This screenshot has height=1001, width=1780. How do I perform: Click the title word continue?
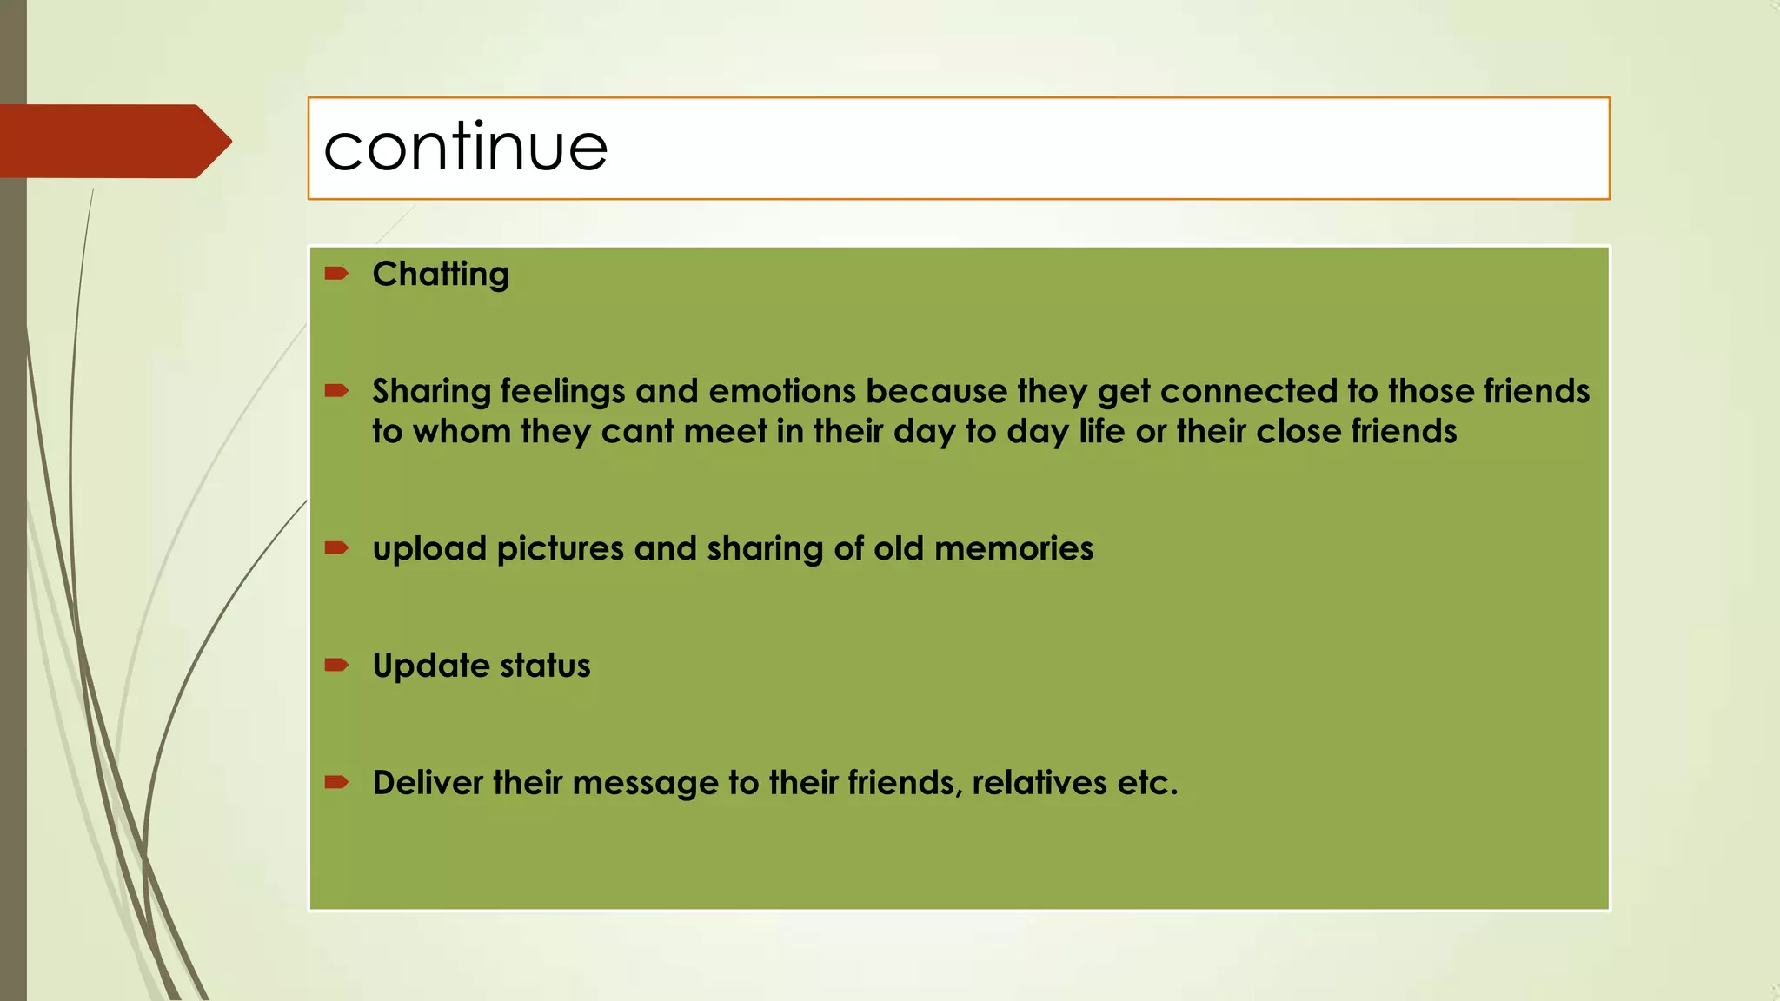[x=465, y=148]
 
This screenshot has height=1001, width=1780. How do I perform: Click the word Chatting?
[x=441, y=275]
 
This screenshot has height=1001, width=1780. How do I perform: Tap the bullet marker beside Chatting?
[x=336, y=275]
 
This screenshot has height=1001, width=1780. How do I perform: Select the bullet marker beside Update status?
[x=336, y=666]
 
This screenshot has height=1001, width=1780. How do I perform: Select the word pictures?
[x=560, y=550]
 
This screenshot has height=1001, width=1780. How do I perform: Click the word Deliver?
[x=428, y=783]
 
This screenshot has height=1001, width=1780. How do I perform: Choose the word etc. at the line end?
[x=1147, y=783]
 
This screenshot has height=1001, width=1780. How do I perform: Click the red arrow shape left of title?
[x=113, y=142]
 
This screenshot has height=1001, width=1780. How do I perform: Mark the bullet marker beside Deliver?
[x=336, y=783]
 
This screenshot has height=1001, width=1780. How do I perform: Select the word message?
[x=645, y=784]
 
